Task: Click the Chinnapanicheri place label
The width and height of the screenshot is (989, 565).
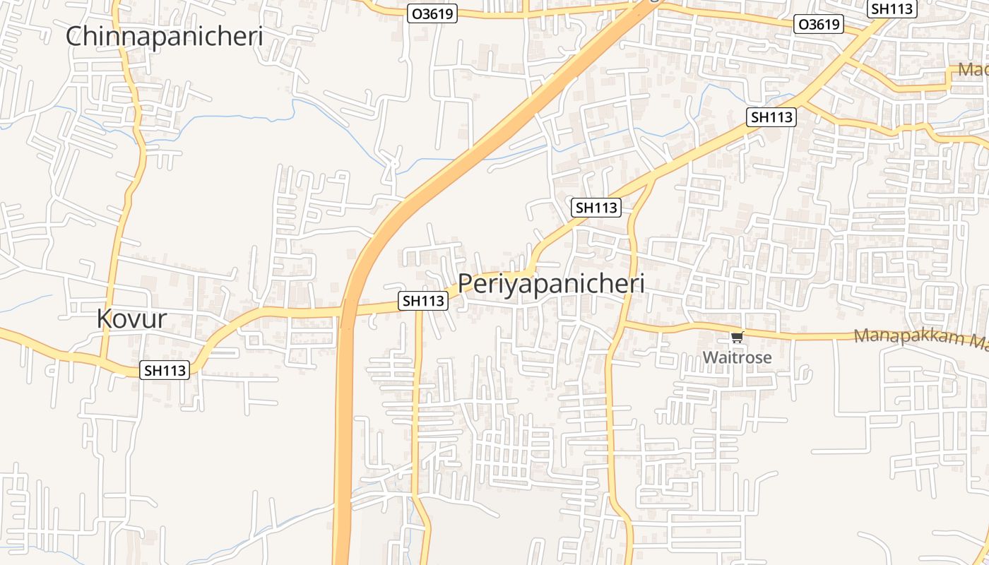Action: [x=164, y=36]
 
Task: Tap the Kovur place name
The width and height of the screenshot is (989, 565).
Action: [x=131, y=319]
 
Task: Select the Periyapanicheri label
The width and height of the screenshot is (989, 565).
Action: [x=551, y=284]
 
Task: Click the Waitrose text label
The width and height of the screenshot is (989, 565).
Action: [x=737, y=357]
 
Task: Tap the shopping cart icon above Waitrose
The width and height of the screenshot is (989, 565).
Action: [x=738, y=338]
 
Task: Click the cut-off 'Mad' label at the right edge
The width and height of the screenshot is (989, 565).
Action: [x=973, y=70]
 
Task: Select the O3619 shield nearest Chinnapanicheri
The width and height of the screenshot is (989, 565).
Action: [x=432, y=13]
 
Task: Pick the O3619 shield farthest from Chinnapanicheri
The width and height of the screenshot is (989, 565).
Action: [x=819, y=25]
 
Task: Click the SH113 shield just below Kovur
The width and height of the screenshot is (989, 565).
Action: [x=165, y=369]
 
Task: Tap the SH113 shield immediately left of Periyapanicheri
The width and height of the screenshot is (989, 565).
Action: [x=423, y=301]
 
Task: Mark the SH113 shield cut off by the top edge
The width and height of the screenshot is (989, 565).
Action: [x=892, y=8]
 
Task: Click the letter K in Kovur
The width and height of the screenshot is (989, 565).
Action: [x=104, y=319]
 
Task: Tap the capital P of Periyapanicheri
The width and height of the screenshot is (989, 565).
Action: [x=465, y=284]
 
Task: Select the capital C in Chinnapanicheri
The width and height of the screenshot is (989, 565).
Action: [x=74, y=36]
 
